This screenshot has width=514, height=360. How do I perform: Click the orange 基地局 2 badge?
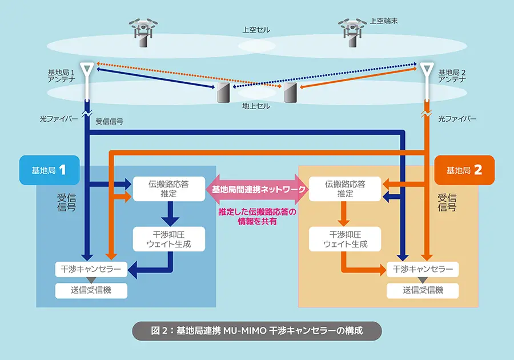click(464, 170)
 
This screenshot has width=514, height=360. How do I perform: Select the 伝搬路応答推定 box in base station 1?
click(169, 189)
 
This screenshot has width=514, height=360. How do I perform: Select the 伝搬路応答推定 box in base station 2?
click(344, 189)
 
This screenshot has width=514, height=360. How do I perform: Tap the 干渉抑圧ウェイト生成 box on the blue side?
click(169, 239)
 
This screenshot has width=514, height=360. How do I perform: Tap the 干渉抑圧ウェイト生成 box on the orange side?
click(344, 239)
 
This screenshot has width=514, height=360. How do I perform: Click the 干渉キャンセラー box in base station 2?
click(423, 269)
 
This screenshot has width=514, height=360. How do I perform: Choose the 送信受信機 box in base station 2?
click(423, 290)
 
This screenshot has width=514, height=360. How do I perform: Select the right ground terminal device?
click(291, 93)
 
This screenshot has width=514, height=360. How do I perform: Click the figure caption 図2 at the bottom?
click(256, 330)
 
